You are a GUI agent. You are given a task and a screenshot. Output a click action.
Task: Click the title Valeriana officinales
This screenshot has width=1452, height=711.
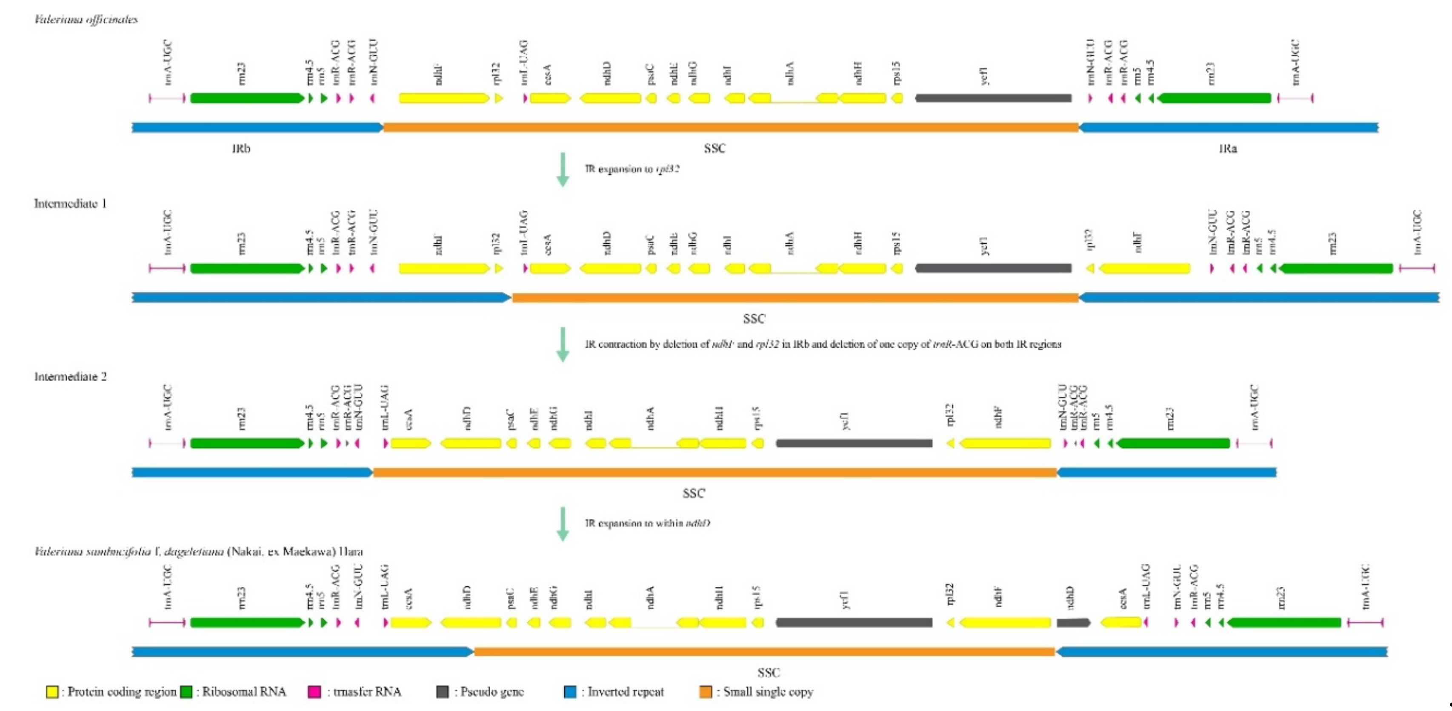pyautogui.click(x=86, y=20)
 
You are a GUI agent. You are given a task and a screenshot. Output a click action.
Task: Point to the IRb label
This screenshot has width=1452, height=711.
pyautogui.click(x=241, y=149)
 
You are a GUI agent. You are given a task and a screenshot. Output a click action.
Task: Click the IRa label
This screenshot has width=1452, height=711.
pyautogui.click(x=1228, y=149)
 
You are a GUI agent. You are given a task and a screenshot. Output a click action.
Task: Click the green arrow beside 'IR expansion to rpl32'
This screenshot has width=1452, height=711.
pyautogui.click(x=563, y=169)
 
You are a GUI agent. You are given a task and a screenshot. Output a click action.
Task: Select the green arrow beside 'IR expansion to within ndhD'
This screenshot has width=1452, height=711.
pyautogui.click(x=563, y=523)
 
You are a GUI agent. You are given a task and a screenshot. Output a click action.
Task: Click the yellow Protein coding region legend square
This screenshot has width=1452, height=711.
pyautogui.click(x=52, y=692)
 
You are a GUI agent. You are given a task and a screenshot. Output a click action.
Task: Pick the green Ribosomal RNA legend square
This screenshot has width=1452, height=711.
pyautogui.click(x=186, y=692)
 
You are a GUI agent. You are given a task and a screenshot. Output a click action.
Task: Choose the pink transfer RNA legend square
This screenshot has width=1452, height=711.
pyautogui.click(x=314, y=692)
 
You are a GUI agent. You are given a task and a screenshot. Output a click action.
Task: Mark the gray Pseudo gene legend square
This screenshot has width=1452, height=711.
pyautogui.click(x=443, y=692)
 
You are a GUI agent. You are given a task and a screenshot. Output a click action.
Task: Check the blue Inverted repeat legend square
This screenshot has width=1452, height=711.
pyautogui.click(x=570, y=692)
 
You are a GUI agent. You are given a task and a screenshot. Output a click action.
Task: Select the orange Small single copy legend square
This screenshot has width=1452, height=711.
pyautogui.click(x=705, y=692)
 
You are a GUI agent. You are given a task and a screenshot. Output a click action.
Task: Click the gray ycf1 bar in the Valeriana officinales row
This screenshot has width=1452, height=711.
pyautogui.click(x=993, y=98)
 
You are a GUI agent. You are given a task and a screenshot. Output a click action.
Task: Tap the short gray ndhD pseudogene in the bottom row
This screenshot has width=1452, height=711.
pyautogui.click(x=1073, y=623)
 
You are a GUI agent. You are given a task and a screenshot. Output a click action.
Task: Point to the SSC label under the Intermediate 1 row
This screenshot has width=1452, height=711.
pyautogui.click(x=754, y=319)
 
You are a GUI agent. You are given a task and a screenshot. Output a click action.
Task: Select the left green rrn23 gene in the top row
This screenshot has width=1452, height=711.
pyautogui.click(x=247, y=98)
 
